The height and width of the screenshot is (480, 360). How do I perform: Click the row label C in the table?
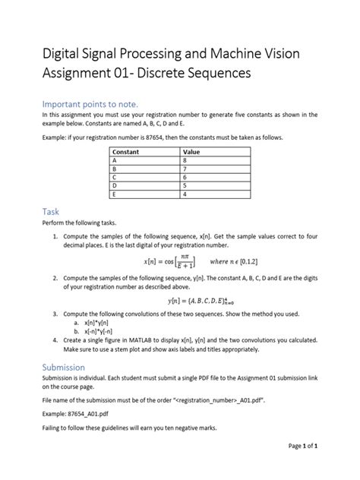pos(115,177)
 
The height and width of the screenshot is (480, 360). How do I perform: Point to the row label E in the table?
pos(115,193)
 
